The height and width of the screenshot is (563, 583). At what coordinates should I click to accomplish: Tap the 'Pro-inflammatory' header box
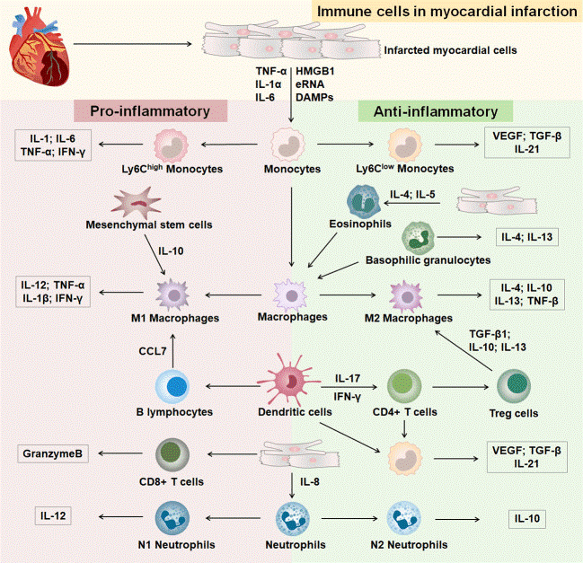[156, 111]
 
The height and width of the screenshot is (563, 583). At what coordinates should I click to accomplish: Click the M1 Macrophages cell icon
[172, 293]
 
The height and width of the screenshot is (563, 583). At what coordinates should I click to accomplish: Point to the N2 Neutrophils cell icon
[403, 518]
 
